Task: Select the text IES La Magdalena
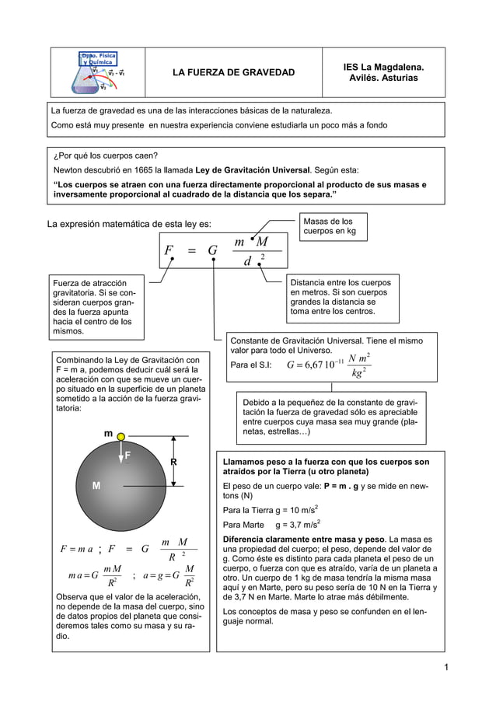383,68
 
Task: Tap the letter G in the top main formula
211,251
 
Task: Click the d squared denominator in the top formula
251,262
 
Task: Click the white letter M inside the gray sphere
96,486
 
